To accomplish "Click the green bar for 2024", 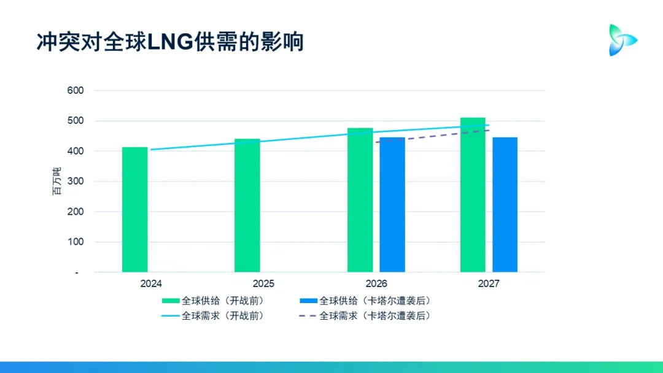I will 135,209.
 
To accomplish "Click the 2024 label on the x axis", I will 151,284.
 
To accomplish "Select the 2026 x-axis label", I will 376,284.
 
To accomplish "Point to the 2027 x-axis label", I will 489,284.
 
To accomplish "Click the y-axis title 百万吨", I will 56,181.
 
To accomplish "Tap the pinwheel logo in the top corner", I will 621,40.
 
